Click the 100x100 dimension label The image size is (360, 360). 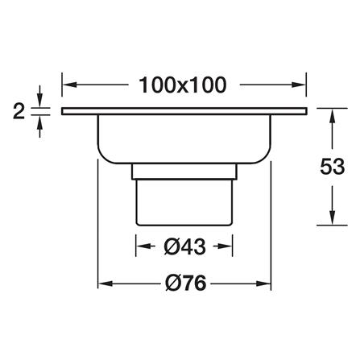pyautogui.click(x=183, y=85)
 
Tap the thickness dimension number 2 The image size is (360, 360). pyautogui.click(x=19, y=111)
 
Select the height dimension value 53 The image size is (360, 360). pyautogui.click(x=333, y=167)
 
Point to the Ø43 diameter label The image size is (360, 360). pyautogui.click(x=184, y=246)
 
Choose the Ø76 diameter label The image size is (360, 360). pyautogui.click(x=186, y=283)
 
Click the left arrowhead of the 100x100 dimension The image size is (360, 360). pyautogui.click(x=69, y=85)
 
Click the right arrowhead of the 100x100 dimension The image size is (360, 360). pyautogui.click(x=299, y=85)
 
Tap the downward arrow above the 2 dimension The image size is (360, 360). pyautogui.click(x=40, y=96)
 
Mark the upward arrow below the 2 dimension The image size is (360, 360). pyautogui.click(x=40, y=127)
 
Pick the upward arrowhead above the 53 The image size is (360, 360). pyautogui.click(x=333, y=115)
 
